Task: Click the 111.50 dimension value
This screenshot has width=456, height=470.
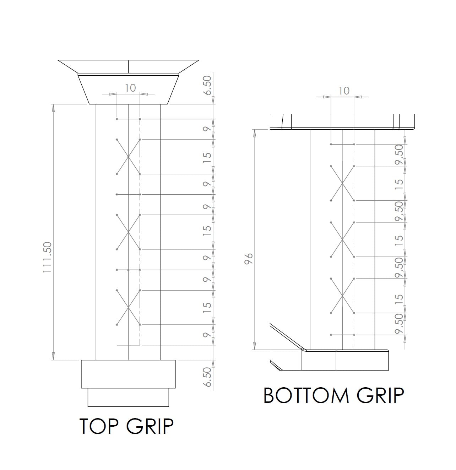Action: point(48,257)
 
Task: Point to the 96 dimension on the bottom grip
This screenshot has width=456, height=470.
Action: point(248,259)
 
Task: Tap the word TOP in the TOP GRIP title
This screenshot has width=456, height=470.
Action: point(99,426)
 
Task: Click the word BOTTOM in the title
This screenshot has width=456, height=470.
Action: point(306,395)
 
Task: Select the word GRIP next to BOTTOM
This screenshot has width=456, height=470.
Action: point(380,395)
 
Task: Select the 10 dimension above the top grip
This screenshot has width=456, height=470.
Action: point(130,88)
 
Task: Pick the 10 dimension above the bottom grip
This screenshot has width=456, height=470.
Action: point(344,91)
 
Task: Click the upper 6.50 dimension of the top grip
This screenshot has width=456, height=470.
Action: point(207,86)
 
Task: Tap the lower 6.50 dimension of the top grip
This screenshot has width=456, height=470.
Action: point(207,377)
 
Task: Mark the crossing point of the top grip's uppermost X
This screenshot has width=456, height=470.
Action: point(128,157)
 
